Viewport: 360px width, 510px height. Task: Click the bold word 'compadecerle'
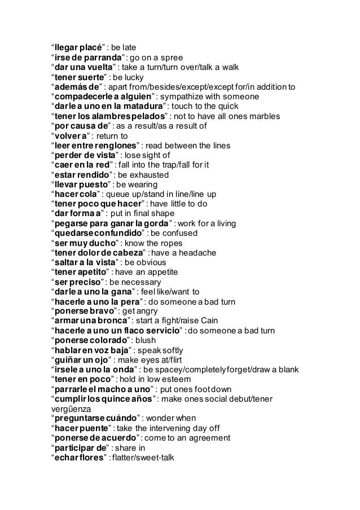(79, 96)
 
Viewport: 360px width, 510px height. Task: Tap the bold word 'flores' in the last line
(92, 459)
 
